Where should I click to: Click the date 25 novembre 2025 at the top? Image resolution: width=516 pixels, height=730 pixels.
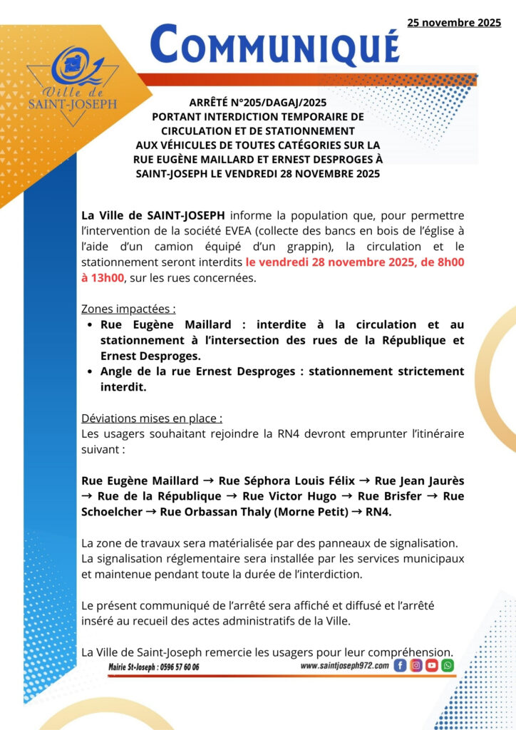click(454, 23)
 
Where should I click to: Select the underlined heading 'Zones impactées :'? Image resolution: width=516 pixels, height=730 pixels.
click(129, 309)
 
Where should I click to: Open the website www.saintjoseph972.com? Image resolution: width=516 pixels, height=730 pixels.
click(344, 665)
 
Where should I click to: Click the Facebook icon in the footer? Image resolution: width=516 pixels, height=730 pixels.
click(400, 665)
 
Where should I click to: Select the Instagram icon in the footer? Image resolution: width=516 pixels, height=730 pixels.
click(416, 665)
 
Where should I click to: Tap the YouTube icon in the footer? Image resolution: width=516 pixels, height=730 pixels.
click(431, 665)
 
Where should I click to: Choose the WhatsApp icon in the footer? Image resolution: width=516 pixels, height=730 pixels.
click(447, 665)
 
